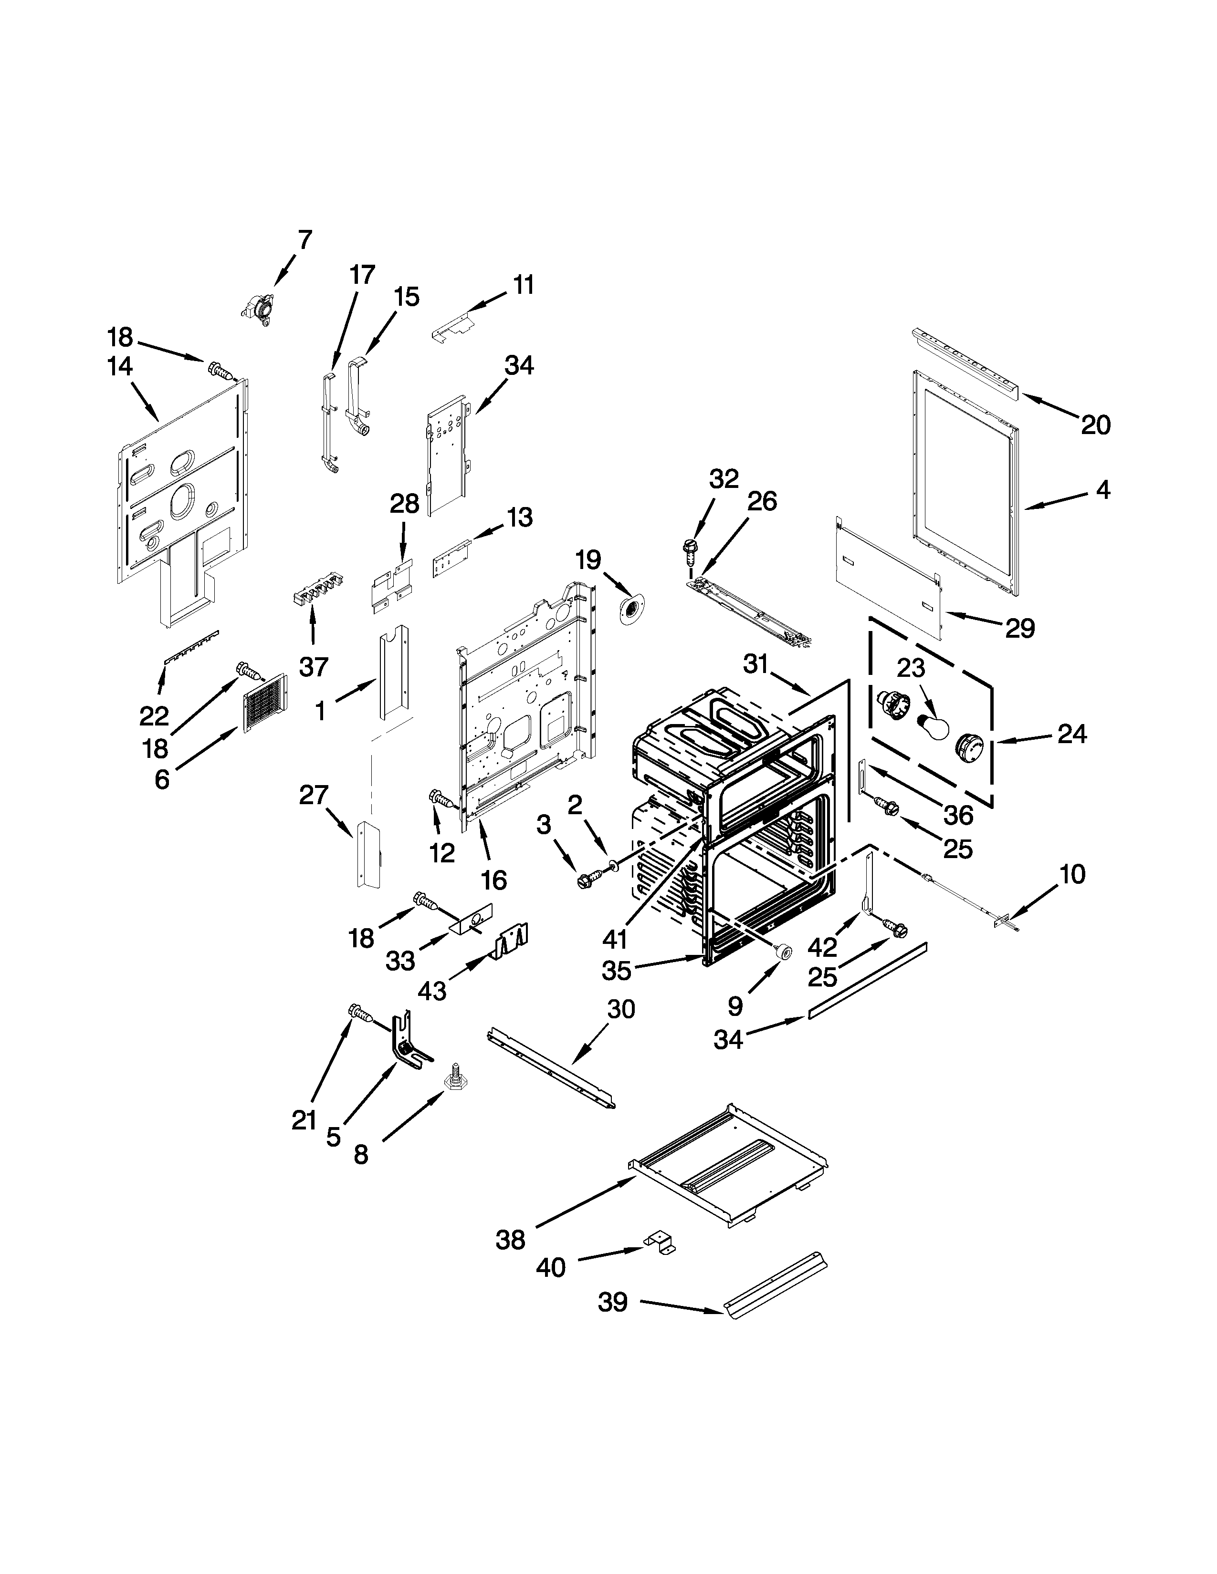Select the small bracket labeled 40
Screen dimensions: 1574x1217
tap(660, 1241)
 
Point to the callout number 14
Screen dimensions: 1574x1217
tap(120, 367)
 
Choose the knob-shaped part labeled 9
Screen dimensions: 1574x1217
tap(781, 952)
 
